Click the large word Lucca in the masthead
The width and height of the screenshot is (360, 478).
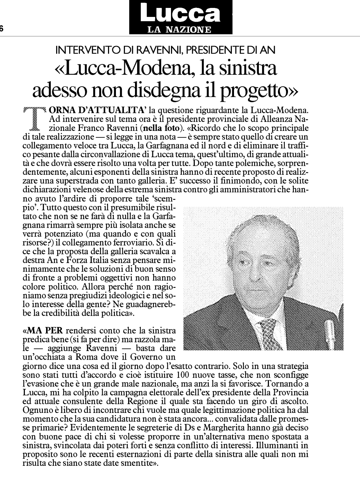[180, 14]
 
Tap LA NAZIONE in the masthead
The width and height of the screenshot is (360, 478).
[180, 29]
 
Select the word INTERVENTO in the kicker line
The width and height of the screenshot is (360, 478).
[86, 50]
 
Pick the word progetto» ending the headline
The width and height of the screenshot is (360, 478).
[265, 90]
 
